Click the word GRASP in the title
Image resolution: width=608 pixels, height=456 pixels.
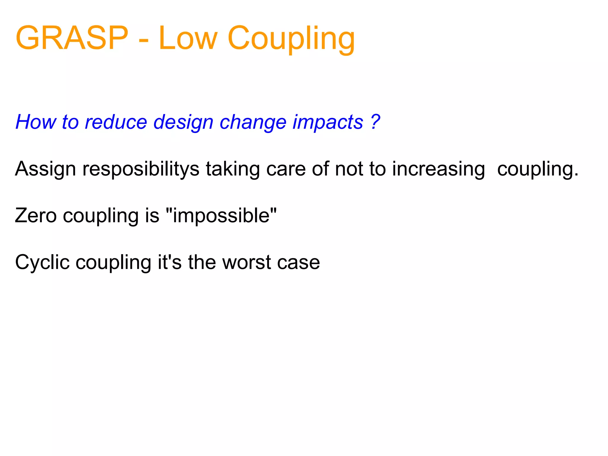point(72,38)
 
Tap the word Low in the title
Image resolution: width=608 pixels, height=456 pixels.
point(188,38)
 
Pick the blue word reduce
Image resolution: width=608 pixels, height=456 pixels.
point(116,122)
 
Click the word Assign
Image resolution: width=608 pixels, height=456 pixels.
point(45,169)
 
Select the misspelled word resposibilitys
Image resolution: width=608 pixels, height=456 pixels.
point(141,169)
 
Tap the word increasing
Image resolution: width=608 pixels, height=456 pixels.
point(438,169)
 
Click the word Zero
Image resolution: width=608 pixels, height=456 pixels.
point(36,216)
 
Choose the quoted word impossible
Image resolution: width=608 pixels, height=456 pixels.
point(221,216)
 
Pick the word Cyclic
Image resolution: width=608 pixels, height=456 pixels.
point(42,262)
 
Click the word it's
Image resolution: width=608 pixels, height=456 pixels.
point(170,262)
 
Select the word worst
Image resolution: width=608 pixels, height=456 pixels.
point(247,262)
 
